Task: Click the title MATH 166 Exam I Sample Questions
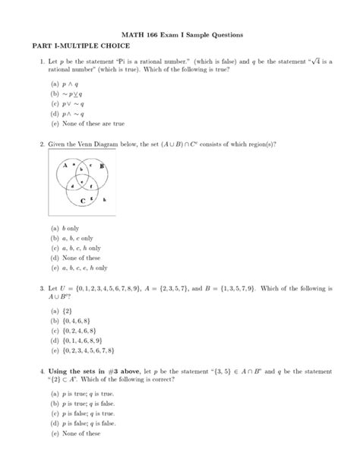[179, 36]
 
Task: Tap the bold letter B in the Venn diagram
[101, 166]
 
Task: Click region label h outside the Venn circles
[103, 199]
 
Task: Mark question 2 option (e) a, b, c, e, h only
[79, 268]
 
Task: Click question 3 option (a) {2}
[59, 311]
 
